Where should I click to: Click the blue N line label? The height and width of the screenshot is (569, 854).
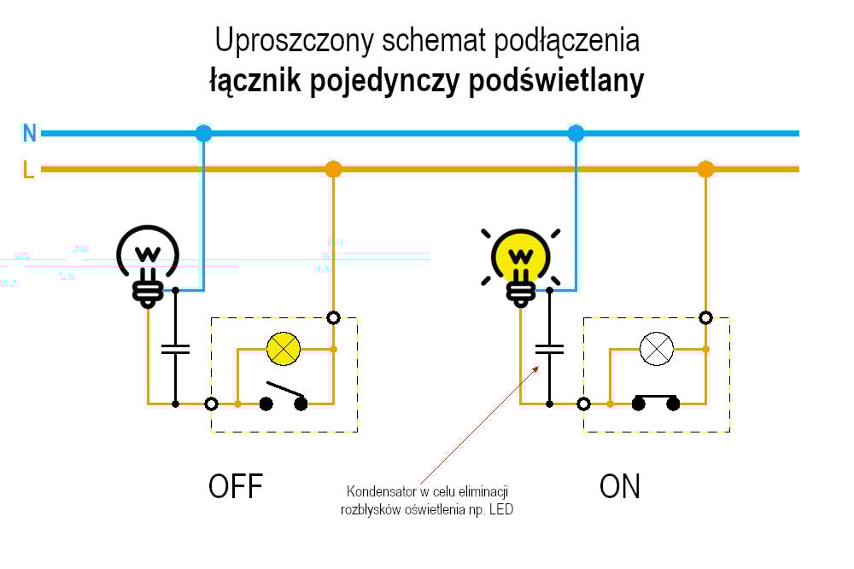click(30, 133)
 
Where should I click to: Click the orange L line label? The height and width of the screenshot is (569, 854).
click(28, 170)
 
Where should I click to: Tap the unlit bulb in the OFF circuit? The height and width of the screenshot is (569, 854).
click(149, 258)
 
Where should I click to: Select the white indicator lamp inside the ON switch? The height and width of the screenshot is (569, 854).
click(657, 348)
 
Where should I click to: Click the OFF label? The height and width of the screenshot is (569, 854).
click(236, 486)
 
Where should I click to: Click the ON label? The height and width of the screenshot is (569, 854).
click(620, 486)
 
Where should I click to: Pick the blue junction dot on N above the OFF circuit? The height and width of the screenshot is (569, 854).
click(203, 133)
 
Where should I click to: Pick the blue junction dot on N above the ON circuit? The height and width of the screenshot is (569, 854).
click(576, 133)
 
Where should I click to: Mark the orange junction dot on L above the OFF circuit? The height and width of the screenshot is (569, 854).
click(333, 169)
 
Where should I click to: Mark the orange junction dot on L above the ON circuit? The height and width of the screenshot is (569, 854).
click(705, 169)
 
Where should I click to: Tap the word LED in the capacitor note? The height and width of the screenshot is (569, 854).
click(502, 509)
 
